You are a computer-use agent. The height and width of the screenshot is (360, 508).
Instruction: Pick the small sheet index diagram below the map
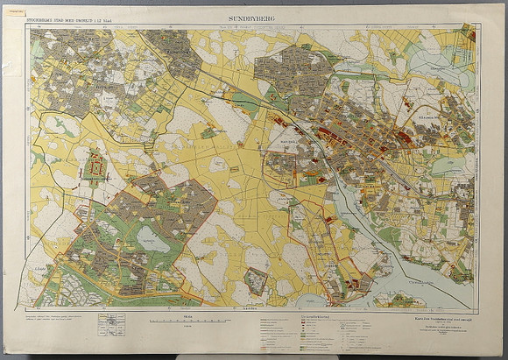pyautogui.click(x=111, y=324)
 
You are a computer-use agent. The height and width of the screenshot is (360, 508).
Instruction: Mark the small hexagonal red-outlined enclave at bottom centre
pyautogui.click(x=255, y=281)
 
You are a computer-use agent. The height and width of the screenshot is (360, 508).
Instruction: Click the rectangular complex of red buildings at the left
pyautogui.click(x=94, y=166)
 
